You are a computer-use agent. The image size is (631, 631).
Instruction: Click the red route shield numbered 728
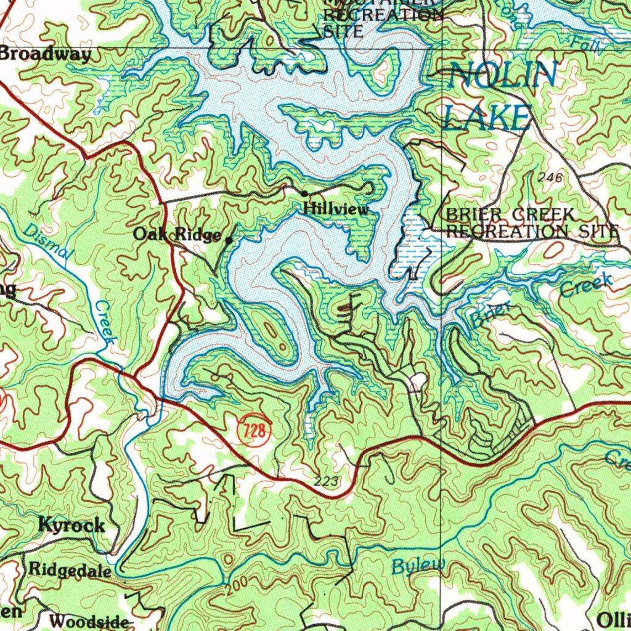pos(254,431)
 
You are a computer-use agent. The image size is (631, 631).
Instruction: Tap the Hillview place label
pos(336,210)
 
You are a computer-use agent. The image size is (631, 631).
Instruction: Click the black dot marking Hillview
pos(304,194)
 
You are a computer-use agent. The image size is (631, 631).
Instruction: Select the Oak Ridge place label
pos(177,235)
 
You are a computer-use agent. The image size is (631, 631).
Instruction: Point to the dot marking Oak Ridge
pos(229,240)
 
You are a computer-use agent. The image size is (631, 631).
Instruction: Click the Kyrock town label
pos(71,525)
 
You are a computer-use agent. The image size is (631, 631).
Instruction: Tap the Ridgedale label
pos(70,570)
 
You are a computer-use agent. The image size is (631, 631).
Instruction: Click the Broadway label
pos(46,54)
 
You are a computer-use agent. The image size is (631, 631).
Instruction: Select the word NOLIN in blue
pos(502,76)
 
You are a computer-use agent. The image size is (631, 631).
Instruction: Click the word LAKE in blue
pos(487,117)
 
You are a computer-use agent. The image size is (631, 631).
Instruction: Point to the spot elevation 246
pos(550,178)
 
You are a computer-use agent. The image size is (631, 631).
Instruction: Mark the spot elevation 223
pos(326,481)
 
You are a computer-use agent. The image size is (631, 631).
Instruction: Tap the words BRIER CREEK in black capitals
pos(510,215)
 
